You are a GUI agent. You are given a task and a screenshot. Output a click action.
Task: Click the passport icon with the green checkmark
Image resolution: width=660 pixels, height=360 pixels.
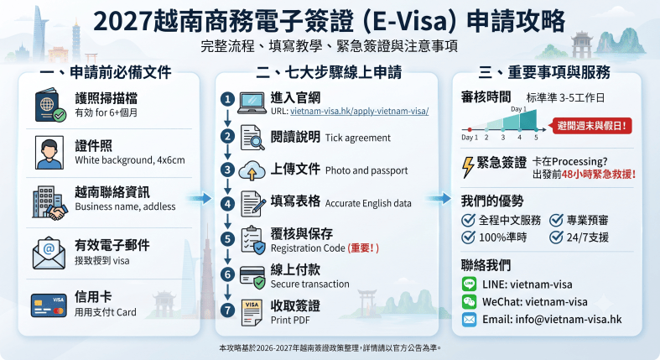(x=50, y=105)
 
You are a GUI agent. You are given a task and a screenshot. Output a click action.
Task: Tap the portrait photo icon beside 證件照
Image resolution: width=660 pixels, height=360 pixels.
(x=49, y=153)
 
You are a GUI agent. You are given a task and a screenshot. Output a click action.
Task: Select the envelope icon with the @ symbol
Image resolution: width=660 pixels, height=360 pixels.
(x=49, y=253)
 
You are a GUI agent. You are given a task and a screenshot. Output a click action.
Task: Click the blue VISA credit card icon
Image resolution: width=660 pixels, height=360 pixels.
(x=49, y=305)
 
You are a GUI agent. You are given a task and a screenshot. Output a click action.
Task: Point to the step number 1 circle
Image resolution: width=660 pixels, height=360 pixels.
(x=228, y=99)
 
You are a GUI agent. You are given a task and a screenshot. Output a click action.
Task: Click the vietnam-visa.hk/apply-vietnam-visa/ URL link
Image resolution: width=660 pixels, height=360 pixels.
(x=360, y=111)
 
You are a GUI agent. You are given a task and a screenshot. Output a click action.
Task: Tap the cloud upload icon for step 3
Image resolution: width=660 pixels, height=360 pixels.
(x=252, y=170)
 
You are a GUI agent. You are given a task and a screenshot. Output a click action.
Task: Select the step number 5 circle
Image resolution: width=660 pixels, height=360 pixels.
(x=228, y=239)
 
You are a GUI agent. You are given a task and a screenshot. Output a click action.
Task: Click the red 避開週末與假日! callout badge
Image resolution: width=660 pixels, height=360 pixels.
(x=592, y=126)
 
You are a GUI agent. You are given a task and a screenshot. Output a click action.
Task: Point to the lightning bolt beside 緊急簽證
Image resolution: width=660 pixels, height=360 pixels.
(x=468, y=167)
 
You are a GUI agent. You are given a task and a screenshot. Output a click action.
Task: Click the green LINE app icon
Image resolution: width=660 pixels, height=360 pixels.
(x=469, y=284)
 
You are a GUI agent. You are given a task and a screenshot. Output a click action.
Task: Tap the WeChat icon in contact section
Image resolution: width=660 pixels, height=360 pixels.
(x=469, y=301)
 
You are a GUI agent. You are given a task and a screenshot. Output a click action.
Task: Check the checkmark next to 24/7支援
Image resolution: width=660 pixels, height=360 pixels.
(x=556, y=237)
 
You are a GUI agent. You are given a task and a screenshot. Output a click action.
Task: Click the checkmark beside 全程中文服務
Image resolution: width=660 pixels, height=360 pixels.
(x=469, y=220)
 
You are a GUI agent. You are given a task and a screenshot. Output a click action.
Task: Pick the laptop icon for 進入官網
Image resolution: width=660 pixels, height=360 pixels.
(x=252, y=103)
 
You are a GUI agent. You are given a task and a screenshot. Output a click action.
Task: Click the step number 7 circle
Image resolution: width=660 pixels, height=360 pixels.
(x=228, y=310)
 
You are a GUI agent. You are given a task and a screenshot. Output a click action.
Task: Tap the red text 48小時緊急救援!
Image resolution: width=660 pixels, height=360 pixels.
(x=599, y=175)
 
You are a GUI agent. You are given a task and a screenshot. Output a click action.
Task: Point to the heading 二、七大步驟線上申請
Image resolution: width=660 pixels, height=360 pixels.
(x=329, y=72)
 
